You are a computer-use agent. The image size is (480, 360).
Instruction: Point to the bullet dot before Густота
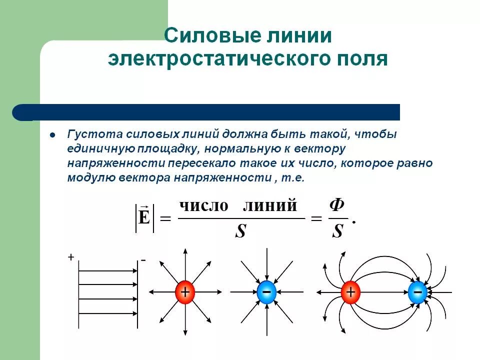pos(52,135)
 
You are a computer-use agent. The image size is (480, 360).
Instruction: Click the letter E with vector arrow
pos(144,218)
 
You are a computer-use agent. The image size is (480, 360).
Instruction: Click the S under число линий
pos(240,231)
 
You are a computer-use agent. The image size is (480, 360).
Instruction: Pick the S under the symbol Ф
pos(338,231)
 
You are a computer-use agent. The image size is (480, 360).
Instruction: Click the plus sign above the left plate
pos(71,257)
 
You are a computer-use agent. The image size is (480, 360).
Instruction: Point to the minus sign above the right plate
pos(143,260)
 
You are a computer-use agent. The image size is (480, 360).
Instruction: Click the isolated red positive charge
pos(185,292)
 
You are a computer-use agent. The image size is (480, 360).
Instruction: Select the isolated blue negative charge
pos(266,292)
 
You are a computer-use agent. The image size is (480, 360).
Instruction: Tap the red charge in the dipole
pos(350,292)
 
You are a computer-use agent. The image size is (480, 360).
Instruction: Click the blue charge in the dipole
pos(417,292)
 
